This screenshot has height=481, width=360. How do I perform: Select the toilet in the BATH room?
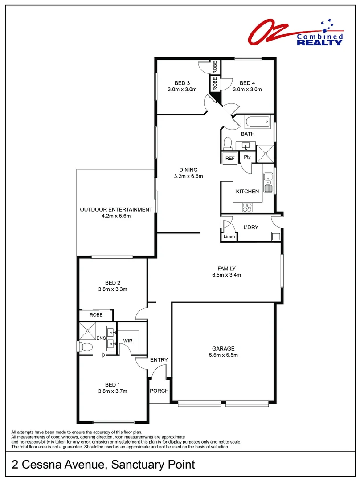coord(227,143)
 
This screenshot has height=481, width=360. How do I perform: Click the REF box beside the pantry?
coord(230,158)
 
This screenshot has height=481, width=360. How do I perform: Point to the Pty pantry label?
coord(247,157)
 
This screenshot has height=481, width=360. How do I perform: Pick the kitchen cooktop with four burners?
coord(247,207)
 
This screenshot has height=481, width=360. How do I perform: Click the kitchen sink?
coord(268,183)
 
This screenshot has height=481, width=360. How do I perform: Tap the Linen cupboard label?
coord(229,236)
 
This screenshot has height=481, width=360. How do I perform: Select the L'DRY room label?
coord(251,227)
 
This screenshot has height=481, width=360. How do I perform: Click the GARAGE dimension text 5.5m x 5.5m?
coord(223,355)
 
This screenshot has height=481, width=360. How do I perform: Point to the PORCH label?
coord(160,391)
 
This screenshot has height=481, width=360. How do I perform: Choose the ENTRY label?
coord(159,360)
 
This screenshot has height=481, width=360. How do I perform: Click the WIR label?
coord(128,341)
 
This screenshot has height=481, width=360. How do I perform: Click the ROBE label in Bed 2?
coord(96,315)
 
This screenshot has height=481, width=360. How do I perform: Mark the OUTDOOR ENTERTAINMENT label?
coord(116,209)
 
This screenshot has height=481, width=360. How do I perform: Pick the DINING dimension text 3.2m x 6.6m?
coord(188,176)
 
